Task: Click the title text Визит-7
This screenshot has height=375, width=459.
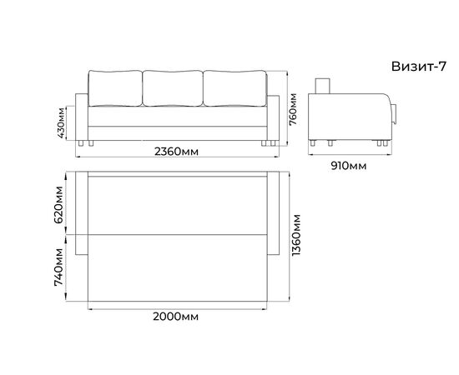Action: click(419, 67)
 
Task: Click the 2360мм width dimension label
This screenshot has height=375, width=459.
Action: click(176, 152)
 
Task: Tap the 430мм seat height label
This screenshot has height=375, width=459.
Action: click(61, 122)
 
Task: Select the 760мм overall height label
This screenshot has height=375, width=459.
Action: click(293, 109)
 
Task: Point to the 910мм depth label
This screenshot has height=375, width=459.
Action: click(348, 166)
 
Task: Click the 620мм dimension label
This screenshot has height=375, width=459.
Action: click(58, 205)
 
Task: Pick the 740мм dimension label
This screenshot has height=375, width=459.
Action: click(58, 267)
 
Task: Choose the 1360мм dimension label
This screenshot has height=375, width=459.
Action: click(296, 235)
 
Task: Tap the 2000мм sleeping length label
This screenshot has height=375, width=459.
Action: click(175, 317)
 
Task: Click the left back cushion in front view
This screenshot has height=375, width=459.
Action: click(115, 88)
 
